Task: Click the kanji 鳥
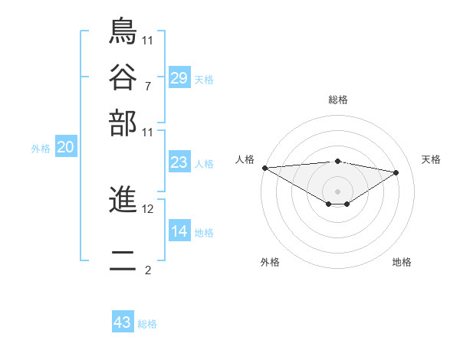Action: [123, 31]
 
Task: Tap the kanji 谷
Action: [123, 77]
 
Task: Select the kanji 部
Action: [123, 123]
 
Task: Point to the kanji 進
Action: [123, 201]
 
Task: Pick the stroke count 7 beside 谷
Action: [147, 85]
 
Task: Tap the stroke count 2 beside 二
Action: [147, 270]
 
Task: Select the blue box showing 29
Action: [179, 77]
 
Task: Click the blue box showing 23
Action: [179, 162]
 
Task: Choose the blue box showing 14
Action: [179, 231]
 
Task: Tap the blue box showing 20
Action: [65, 148]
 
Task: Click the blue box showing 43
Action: [122, 322]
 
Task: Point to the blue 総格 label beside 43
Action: [147, 324]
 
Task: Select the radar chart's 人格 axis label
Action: [245, 159]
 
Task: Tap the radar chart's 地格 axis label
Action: [402, 263]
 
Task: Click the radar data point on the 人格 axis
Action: [264, 168]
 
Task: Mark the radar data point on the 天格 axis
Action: [396, 172]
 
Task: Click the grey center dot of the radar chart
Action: [337, 191]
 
